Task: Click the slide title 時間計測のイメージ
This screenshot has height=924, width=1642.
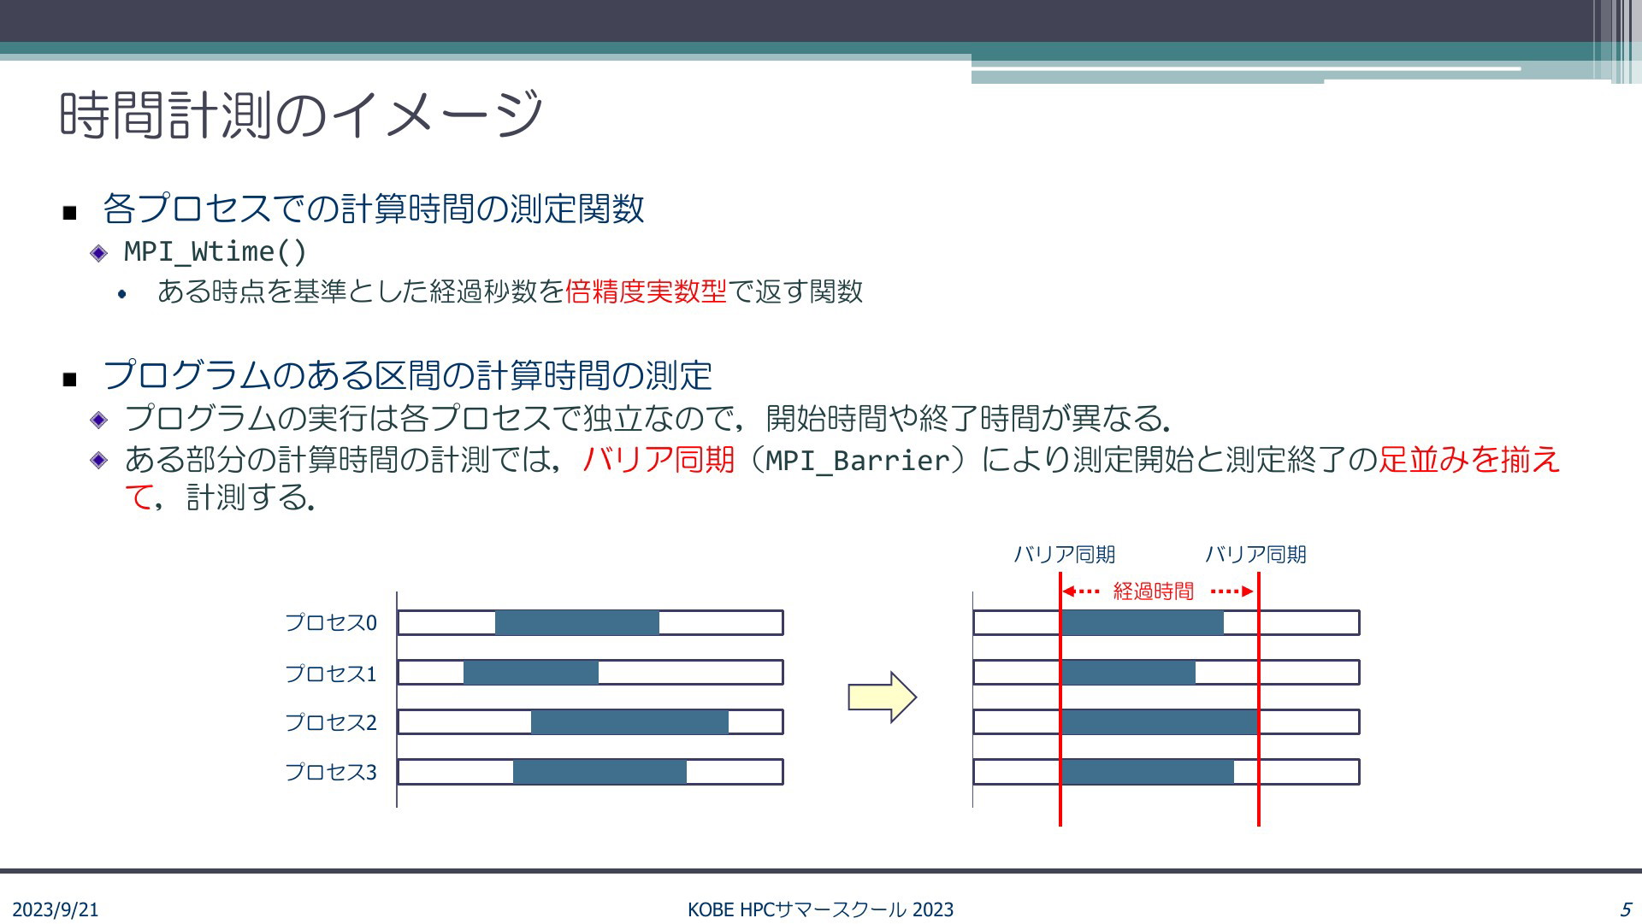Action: (x=301, y=115)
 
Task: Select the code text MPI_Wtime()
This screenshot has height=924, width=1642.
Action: (x=216, y=251)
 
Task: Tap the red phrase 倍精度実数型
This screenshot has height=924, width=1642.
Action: (x=646, y=291)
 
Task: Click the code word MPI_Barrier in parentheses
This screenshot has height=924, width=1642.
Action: (x=858, y=461)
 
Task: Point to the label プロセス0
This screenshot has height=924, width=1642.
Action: (x=331, y=622)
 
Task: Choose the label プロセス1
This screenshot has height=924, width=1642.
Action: (x=331, y=674)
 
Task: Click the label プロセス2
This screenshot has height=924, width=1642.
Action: (x=331, y=722)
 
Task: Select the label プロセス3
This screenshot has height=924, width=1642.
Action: (x=331, y=772)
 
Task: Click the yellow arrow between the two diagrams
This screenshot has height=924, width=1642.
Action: (x=883, y=697)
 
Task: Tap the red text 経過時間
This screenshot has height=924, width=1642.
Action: (x=1153, y=591)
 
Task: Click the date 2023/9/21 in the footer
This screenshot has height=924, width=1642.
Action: (x=56, y=909)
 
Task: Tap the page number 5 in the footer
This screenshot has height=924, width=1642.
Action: (x=1625, y=909)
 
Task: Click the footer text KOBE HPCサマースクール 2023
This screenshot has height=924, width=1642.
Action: (x=821, y=909)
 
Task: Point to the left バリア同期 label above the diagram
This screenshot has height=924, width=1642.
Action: (x=1065, y=555)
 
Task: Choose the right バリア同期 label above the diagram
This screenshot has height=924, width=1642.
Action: (x=1255, y=555)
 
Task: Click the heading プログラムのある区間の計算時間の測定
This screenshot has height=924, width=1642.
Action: (x=407, y=375)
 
